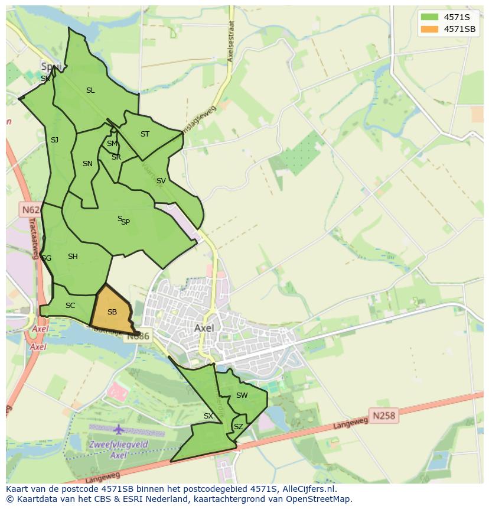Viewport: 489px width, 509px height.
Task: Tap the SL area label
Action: click(x=90, y=90)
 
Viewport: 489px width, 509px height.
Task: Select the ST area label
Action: click(x=145, y=134)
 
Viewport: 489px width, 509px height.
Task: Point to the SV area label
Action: click(x=161, y=181)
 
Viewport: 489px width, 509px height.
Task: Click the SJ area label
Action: click(x=54, y=140)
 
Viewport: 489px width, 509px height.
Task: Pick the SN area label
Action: click(x=87, y=164)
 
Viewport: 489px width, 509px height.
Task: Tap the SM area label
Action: click(x=112, y=144)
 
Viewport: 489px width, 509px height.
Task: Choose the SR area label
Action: click(x=116, y=157)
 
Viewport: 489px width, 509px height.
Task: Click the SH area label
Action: click(x=73, y=257)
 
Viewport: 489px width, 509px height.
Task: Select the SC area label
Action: click(x=70, y=306)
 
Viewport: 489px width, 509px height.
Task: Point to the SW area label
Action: click(x=242, y=395)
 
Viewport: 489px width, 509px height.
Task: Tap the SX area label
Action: click(x=208, y=416)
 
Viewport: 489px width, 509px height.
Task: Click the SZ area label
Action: click(x=238, y=426)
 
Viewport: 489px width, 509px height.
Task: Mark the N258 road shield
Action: click(x=383, y=416)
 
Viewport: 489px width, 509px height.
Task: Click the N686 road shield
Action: click(x=139, y=336)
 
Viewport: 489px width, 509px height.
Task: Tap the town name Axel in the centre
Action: click(x=204, y=328)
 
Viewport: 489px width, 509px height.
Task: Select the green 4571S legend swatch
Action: click(x=429, y=17)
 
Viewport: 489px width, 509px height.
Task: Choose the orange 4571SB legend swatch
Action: click(x=429, y=29)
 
